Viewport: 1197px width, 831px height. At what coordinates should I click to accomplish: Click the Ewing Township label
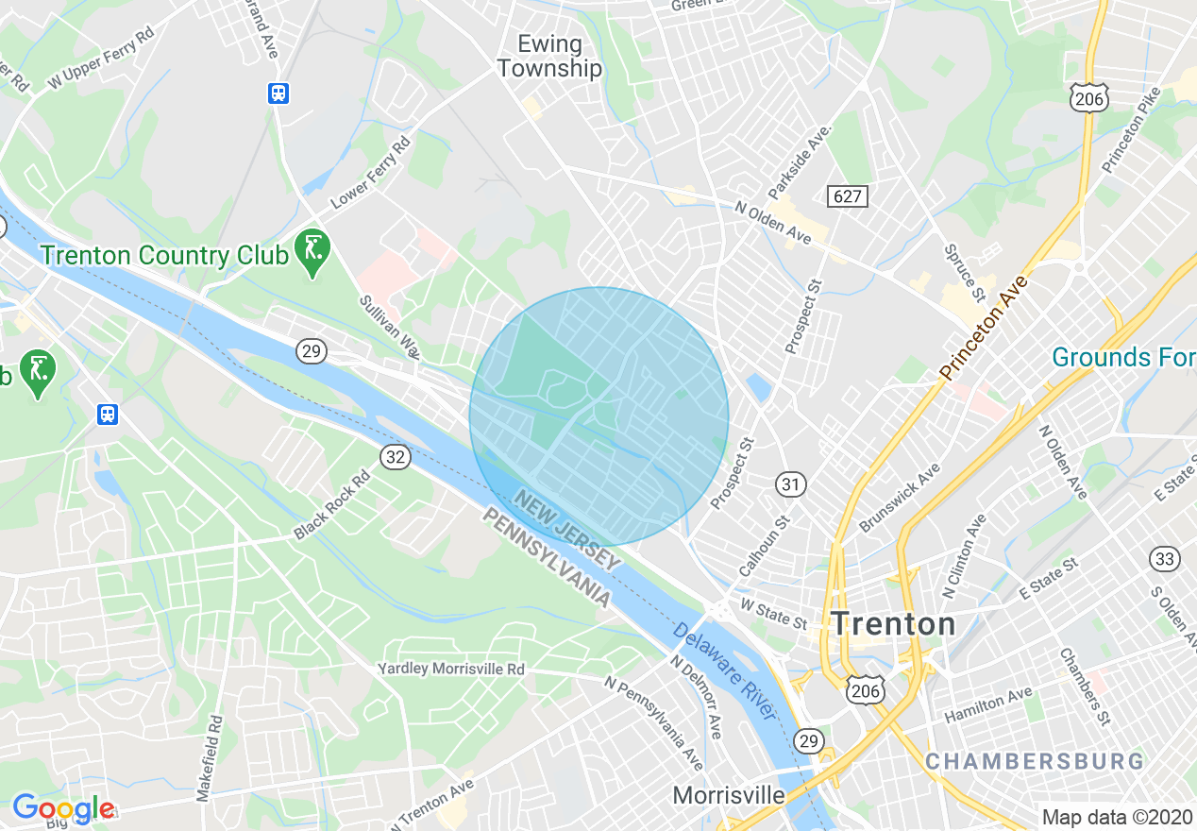(548, 57)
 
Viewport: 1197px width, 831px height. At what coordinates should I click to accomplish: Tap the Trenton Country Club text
(161, 255)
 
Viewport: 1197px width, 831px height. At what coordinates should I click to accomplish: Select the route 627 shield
(847, 195)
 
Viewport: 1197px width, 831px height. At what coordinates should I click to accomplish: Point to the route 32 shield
(396, 457)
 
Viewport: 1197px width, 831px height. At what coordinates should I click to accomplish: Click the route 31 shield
(791, 484)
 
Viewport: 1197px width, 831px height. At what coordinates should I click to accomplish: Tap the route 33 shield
(1165, 559)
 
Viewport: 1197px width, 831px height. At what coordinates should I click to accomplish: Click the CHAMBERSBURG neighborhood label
(1034, 761)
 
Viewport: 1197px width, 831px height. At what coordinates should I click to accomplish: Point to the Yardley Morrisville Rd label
(450, 669)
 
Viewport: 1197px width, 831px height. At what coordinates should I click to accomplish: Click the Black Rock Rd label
(329, 504)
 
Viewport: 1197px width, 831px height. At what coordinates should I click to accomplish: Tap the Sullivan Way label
(388, 327)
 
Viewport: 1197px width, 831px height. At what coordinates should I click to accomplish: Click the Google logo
(63, 809)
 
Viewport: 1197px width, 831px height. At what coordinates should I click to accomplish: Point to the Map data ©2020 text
(1117, 817)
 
